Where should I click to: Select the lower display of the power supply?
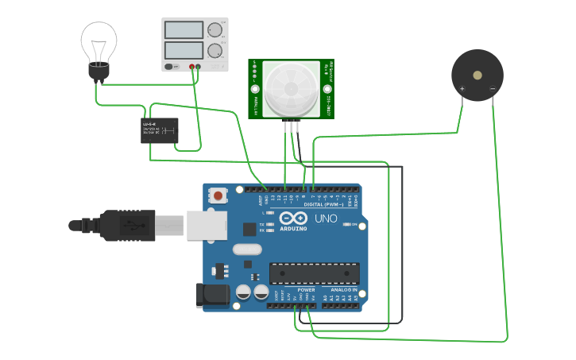pyautogui.click(x=184, y=51)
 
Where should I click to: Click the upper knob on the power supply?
pyautogui.click(x=215, y=31)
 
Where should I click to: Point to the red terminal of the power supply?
pyautogui.click(x=192, y=67)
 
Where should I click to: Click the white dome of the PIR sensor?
pyautogui.click(x=292, y=88)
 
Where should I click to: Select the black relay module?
pyautogui.click(x=160, y=130)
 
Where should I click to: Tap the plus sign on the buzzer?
pyautogui.click(x=462, y=88)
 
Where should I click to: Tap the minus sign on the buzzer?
pyautogui.click(x=493, y=88)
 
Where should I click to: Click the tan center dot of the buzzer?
pyautogui.click(x=477, y=75)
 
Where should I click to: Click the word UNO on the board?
pyautogui.click(x=326, y=219)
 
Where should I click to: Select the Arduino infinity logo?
pyautogui.click(x=292, y=219)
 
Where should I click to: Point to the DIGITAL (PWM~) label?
pyautogui.click(x=323, y=205)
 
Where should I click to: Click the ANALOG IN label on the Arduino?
pyautogui.click(x=343, y=289)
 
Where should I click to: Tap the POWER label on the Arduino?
pyautogui.click(x=306, y=289)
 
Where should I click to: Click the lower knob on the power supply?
pyautogui.click(x=215, y=51)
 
